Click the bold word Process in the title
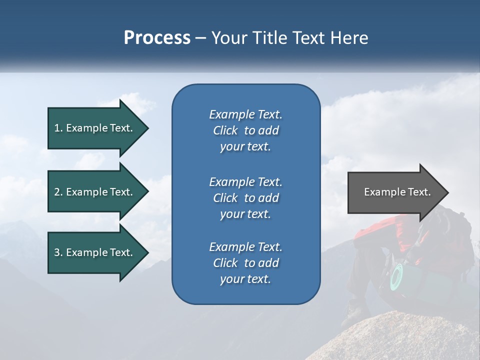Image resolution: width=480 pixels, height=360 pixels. (157, 38)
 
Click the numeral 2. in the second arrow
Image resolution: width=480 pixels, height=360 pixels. (58, 192)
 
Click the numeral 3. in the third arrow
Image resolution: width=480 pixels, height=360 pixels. (58, 252)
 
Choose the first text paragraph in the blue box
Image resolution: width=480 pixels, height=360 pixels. (245, 130)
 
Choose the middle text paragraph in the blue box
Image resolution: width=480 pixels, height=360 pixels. (245, 198)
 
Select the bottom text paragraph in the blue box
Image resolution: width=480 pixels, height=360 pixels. (245, 263)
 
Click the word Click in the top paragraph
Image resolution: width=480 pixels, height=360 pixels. (225, 130)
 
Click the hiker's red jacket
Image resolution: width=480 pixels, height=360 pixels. (380, 235)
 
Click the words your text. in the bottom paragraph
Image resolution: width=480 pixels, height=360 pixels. (245, 279)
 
